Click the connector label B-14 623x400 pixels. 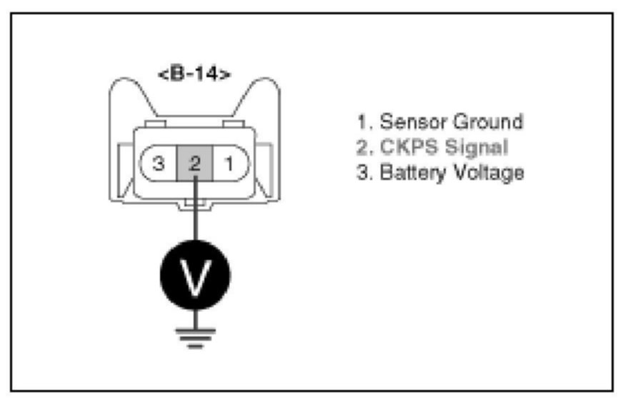[194, 74]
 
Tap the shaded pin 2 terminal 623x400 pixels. [194, 164]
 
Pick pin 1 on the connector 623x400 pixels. [230, 164]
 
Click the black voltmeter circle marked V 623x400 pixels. [194, 274]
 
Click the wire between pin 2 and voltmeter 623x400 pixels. [194, 214]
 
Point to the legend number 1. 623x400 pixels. [363, 121]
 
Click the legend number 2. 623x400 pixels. [363, 147]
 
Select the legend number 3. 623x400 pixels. [363, 172]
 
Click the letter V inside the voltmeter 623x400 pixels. [194, 275]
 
